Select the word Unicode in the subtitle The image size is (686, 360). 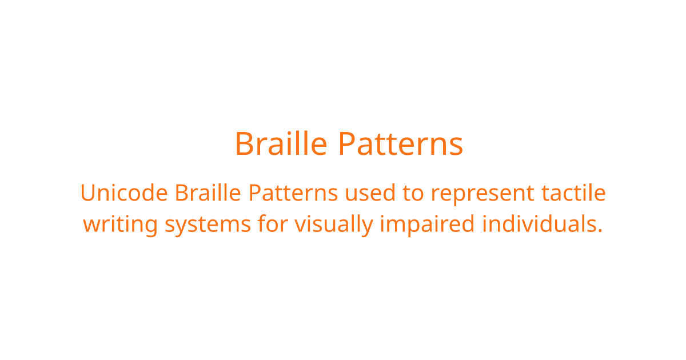124,193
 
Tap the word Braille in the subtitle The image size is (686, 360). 208,193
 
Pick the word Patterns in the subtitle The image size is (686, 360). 293,193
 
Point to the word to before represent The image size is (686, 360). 413,193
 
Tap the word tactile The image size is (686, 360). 573,193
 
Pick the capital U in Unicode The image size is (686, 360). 89,193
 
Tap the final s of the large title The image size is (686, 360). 456,147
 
